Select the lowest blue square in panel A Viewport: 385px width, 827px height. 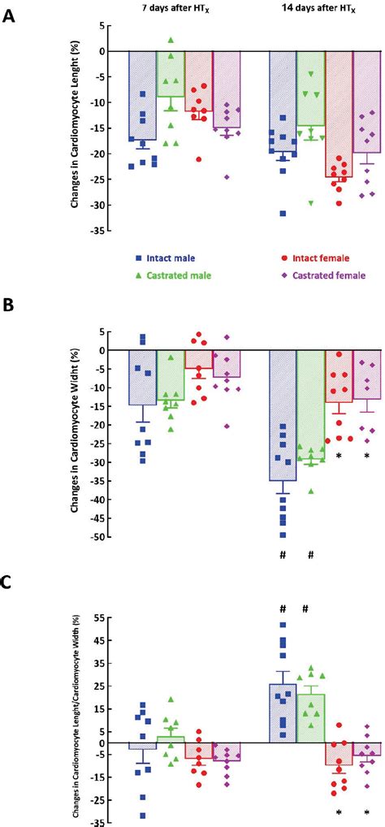coord(283,214)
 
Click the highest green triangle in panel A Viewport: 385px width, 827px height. coord(171,40)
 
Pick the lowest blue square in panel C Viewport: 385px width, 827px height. coord(143,815)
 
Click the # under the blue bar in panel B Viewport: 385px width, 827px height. coord(283,554)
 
